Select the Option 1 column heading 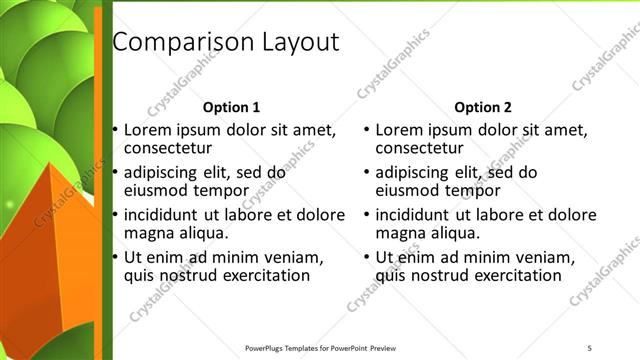231,107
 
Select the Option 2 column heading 482,107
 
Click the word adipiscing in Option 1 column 166,172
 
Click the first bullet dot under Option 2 367,130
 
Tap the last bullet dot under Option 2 367,257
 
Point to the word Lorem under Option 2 399,130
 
